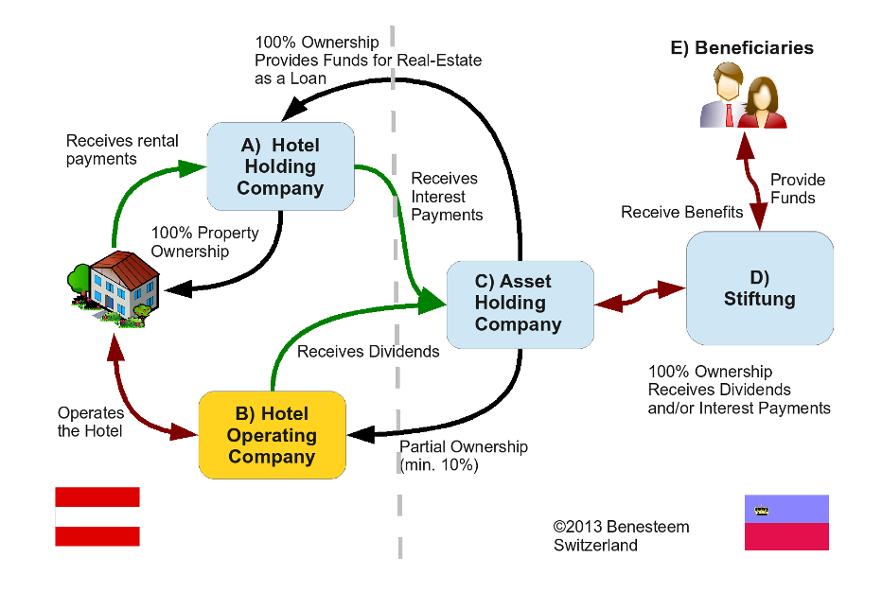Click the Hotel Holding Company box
(280, 166)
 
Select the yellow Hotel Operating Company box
(272, 435)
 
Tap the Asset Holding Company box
(519, 303)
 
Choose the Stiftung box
(759, 288)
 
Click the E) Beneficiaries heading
(742, 48)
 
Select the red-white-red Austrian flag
(97, 516)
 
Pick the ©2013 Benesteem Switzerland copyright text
(621, 536)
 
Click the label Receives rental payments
(122, 149)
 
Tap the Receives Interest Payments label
(447, 197)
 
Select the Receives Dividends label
(368, 352)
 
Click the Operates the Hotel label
(91, 422)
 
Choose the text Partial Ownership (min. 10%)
(464, 456)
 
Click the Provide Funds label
(797, 188)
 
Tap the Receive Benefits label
(681, 212)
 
